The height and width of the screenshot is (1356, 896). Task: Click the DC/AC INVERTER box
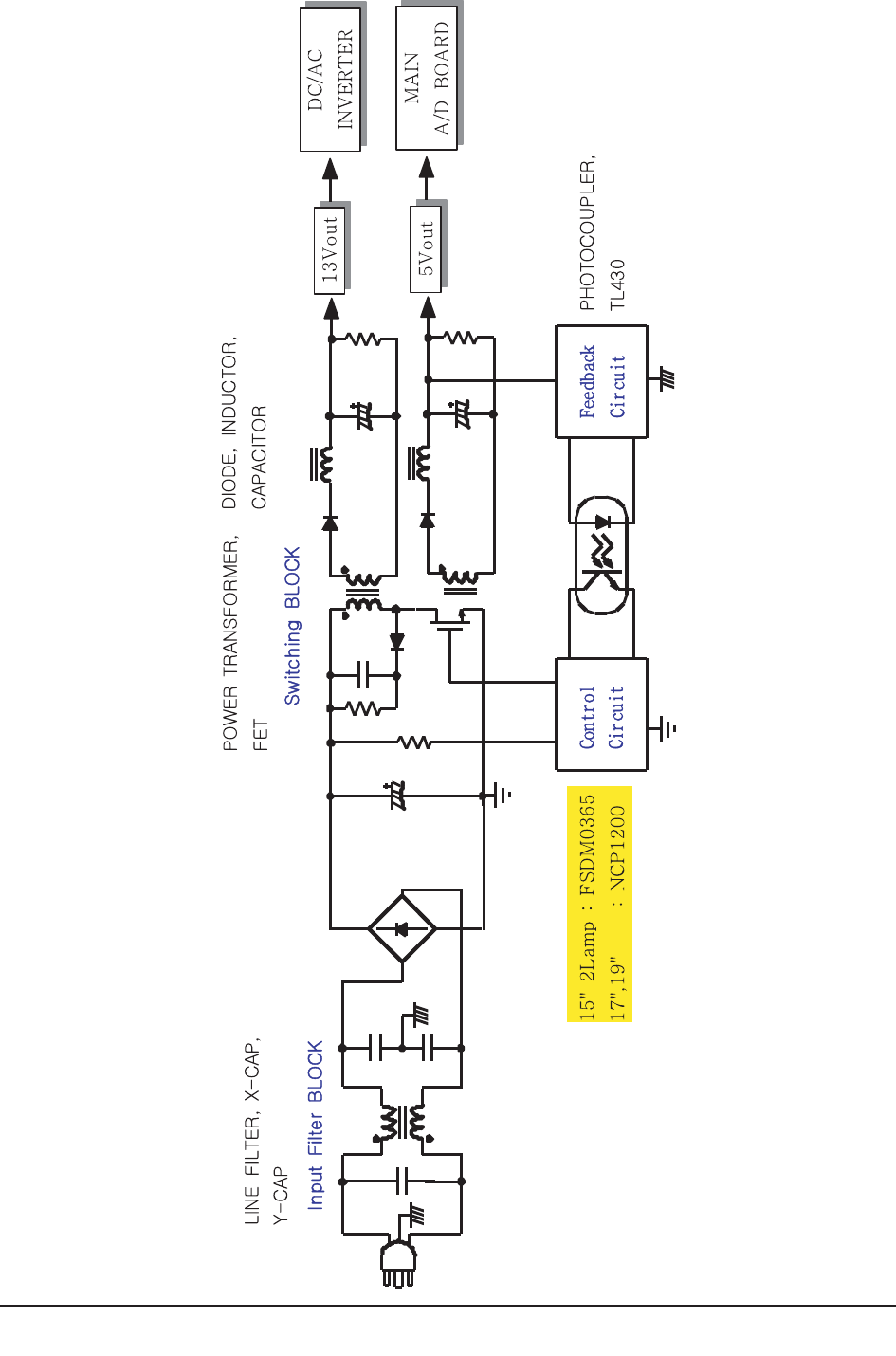pyautogui.click(x=330, y=80)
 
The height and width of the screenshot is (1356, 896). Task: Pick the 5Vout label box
pyautogui.click(x=427, y=249)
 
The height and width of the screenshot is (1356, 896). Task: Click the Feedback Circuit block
pyautogui.click(x=601, y=382)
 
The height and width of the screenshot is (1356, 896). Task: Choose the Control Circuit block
pyautogui.click(x=601, y=714)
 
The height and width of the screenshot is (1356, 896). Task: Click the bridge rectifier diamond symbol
pyautogui.click(x=402, y=928)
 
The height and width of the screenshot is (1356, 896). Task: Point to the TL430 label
pyautogui.click(x=617, y=284)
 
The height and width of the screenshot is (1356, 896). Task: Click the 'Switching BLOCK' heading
pyautogui.click(x=292, y=626)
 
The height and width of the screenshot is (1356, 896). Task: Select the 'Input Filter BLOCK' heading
pyautogui.click(x=316, y=1125)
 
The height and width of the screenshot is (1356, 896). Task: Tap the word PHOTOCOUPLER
pyautogui.click(x=588, y=234)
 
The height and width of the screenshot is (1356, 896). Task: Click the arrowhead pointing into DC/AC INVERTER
pyautogui.click(x=330, y=170)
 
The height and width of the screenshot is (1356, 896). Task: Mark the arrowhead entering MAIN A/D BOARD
pyautogui.click(x=427, y=169)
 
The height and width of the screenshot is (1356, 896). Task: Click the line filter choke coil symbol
pyautogui.click(x=402, y=1122)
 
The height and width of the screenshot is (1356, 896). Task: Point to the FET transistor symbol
pyautogui.click(x=449, y=621)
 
